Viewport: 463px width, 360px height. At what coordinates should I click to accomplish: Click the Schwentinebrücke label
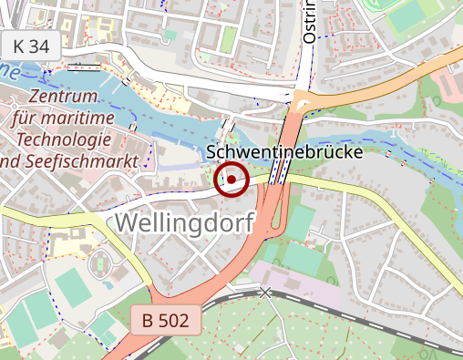tap(285, 152)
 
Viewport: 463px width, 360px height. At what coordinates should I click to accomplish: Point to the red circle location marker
tap(231, 180)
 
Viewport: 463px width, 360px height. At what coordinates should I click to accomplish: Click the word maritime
tap(91, 118)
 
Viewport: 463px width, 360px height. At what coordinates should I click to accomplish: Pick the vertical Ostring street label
tap(309, 22)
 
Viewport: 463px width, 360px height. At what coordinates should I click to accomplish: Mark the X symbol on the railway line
tap(265, 293)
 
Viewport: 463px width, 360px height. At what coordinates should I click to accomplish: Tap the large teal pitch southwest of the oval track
tap(36, 314)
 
